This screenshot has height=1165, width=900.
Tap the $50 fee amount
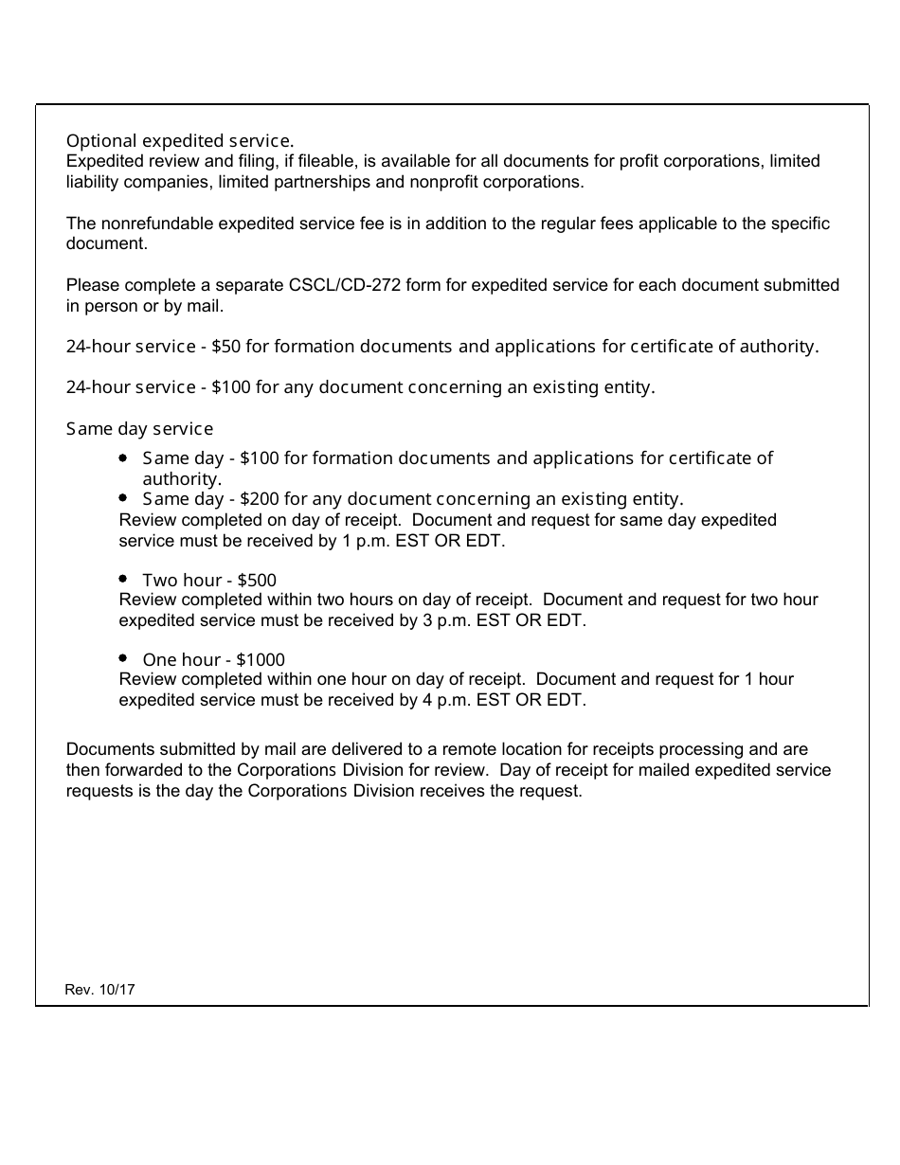click(x=226, y=347)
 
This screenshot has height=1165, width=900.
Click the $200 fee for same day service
click(x=260, y=499)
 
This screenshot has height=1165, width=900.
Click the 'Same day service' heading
click(x=139, y=429)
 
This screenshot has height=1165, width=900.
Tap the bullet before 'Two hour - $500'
click(x=124, y=578)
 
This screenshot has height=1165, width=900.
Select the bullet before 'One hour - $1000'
click(x=124, y=657)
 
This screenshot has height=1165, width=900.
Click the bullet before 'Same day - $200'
click(x=124, y=497)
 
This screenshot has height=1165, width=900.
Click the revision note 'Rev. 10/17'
click(x=99, y=990)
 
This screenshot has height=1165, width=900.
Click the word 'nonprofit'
click(x=448, y=182)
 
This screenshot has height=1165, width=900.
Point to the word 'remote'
click(x=469, y=749)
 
